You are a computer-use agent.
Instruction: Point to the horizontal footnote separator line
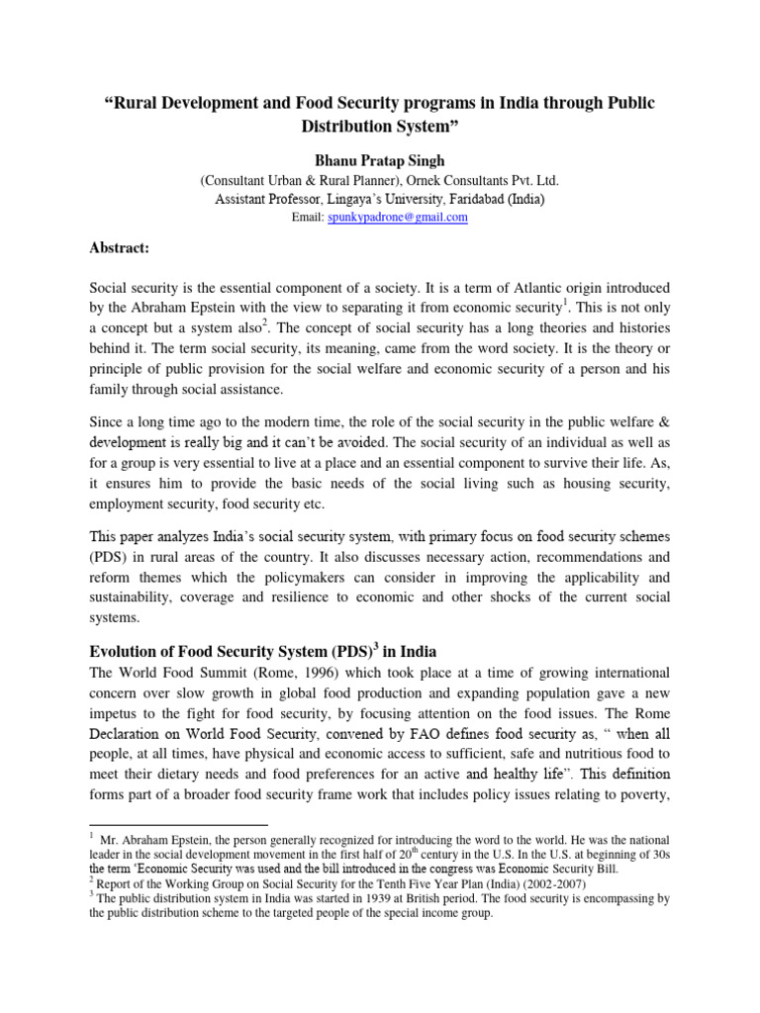(178, 824)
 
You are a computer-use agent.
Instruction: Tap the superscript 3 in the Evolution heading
(362, 647)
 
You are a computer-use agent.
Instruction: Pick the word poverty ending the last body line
(642, 794)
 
